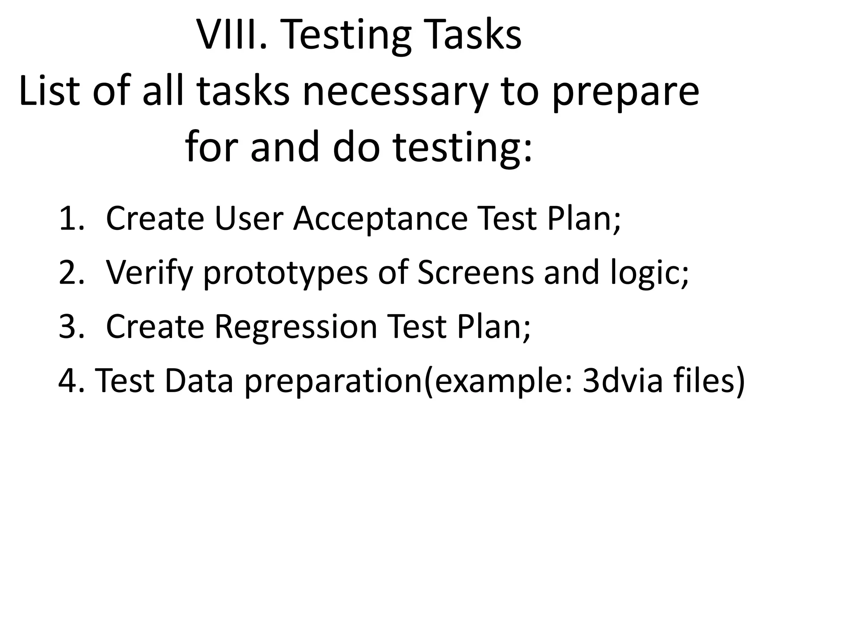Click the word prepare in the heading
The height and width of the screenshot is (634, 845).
pos(625,91)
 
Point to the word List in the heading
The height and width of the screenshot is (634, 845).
pos(49,91)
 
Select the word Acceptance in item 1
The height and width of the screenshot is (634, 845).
pos(380,219)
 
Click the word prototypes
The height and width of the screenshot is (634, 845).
pos(285,273)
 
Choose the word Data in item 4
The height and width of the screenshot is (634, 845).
pos(199,381)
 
